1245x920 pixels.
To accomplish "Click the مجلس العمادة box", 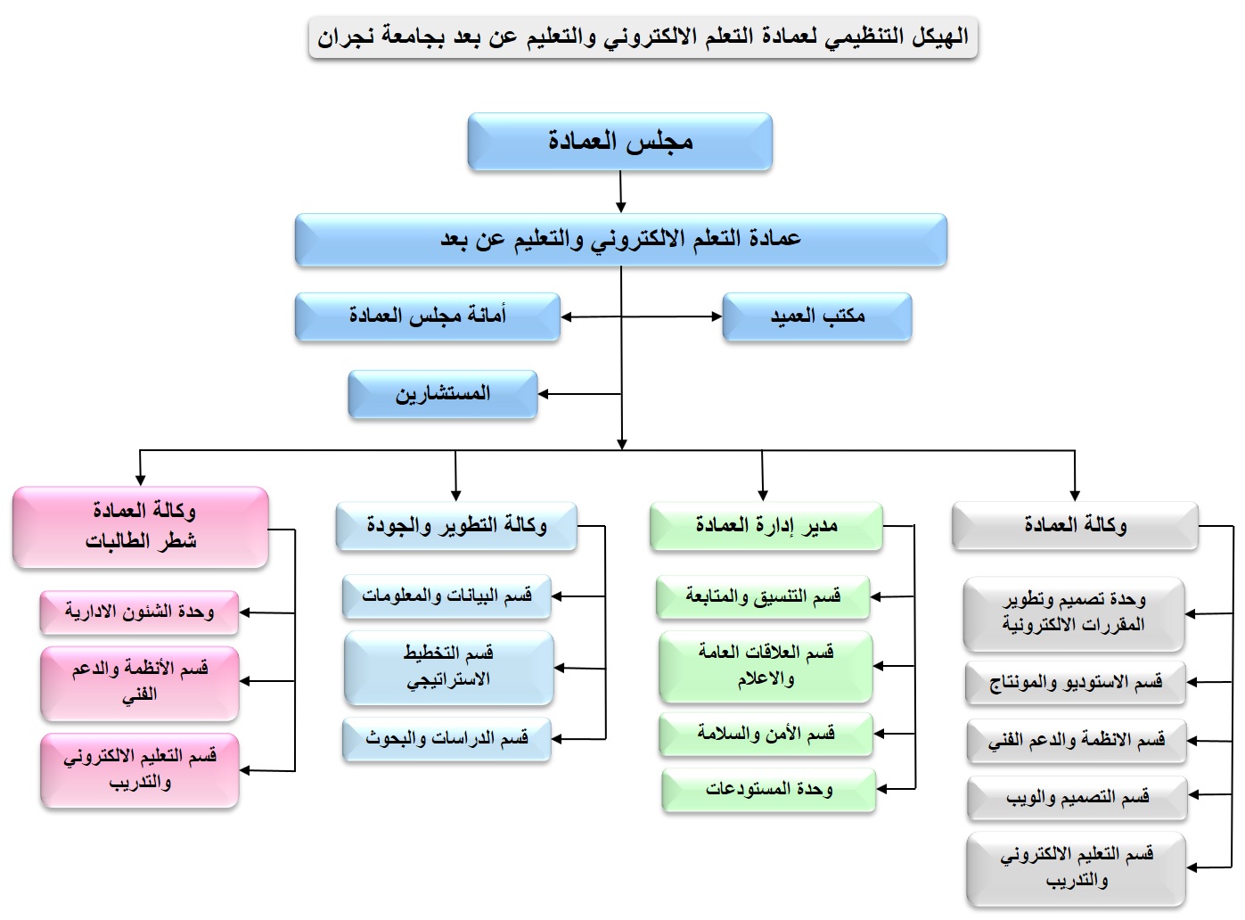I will click(619, 141).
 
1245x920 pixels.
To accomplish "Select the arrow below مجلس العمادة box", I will click(620, 192).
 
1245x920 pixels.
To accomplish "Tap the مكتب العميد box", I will click(816, 316).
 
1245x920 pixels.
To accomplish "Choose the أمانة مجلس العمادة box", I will click(428, 316).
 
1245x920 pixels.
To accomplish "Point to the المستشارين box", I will click(443, 393).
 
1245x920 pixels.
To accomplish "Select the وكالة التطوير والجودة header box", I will click(456, 526).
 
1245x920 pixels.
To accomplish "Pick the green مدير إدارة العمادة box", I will click(766, 526).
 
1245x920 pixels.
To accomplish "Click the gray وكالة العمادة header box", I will click(1074, 526).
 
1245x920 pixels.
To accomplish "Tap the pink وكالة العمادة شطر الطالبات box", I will click(141, 526).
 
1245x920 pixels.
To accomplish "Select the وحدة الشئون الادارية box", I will click(139, 612).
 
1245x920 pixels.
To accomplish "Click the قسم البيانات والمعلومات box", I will click(446, 596).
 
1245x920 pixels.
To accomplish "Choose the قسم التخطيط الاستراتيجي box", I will click(448, 667).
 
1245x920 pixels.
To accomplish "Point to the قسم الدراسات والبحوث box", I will click(446, 739).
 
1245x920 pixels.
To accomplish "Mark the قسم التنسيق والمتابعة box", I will click(763, 596).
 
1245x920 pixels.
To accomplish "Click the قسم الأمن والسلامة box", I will click(766, 734).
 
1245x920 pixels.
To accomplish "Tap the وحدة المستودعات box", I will click(768, 789).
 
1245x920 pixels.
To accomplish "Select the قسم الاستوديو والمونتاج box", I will click(1076, 683).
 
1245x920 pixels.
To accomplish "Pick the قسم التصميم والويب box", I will click(1077, 798).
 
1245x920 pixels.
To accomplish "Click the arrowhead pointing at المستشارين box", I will click(544, 393).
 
